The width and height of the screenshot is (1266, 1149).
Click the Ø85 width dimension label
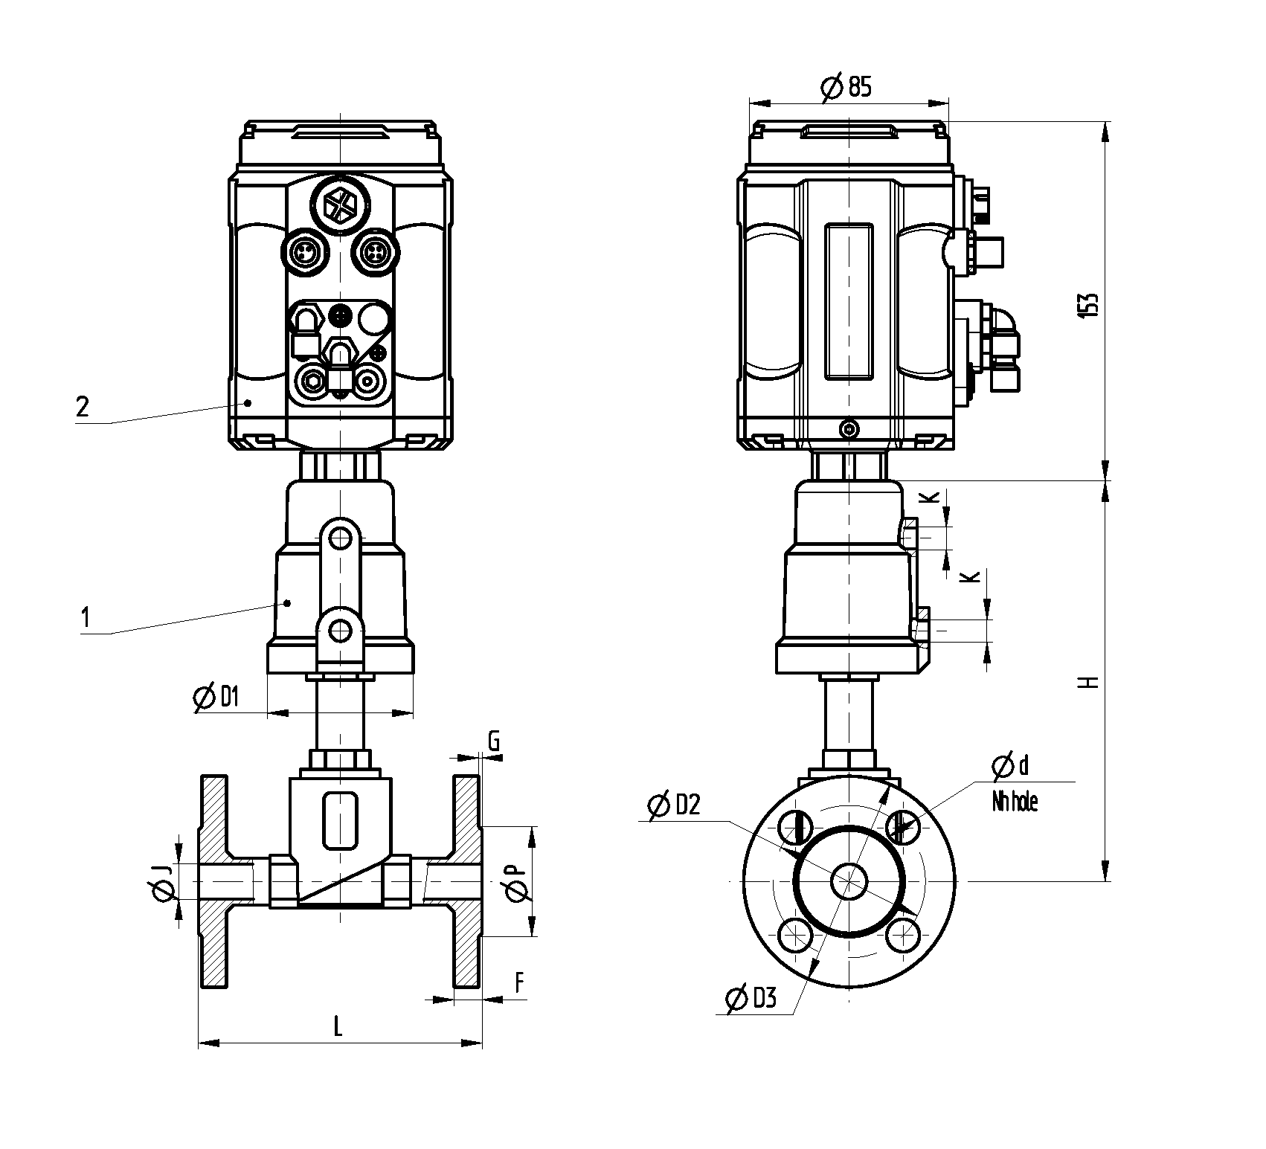tap(846, 88)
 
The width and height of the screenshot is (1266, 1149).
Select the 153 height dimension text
tap(1088, 306)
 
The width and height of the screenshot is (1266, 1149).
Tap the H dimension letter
tap(1090, 682)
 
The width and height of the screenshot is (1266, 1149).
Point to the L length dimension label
tap(338, 1027)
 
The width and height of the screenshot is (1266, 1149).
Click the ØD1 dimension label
tap(216, 698)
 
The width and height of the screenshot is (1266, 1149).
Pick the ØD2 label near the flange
tap(675, 805)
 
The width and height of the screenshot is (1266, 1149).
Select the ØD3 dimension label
tap(751, 999)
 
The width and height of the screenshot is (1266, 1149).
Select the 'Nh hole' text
tap(1015, 802)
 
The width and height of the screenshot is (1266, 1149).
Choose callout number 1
tap(86, 618)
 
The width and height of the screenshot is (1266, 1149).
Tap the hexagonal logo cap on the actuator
tap(341, 201)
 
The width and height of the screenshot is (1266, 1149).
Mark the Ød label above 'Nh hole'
tap(1011, 765)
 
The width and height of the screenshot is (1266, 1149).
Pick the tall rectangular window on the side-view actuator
tap(848, 302)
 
